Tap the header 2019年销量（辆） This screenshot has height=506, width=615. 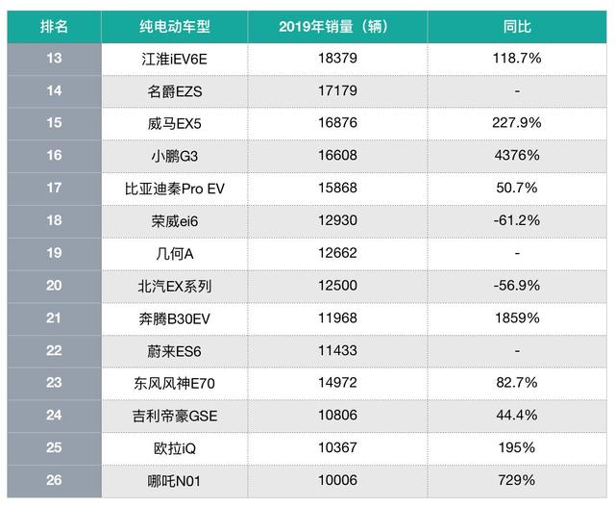(336, 25)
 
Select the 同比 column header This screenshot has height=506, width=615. (517, 25)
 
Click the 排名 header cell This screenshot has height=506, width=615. (54, 25)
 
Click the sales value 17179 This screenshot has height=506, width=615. (336, 91)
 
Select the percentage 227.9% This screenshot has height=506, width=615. (517, 123)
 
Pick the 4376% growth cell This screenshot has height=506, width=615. (517, 156)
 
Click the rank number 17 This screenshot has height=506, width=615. (54, 189)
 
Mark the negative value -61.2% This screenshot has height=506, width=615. (517, 220)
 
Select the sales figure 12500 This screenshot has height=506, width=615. (336, 286)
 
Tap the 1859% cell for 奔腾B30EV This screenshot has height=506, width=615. (517, 317)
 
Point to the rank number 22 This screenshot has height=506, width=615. (54, 350)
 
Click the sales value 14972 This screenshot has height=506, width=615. (336, 383)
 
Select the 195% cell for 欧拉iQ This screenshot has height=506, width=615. (517, 447)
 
